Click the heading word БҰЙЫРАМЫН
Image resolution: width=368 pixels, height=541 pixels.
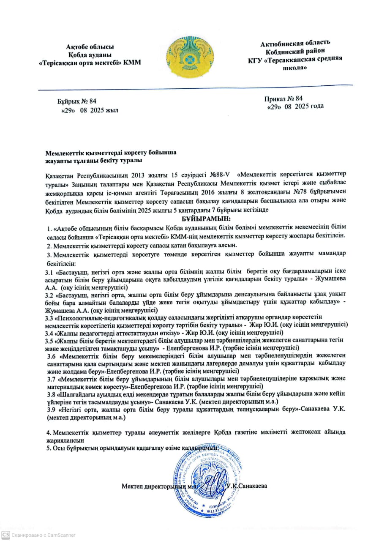click(x=207, y=219)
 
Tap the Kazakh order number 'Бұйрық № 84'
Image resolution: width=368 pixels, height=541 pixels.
click(x=77, y=101)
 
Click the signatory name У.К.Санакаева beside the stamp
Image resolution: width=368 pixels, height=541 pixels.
click(x=247, y=486)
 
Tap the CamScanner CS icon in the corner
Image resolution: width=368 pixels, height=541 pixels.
click(x=5, y=534)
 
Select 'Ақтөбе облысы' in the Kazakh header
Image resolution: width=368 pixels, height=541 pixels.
click(x=90, y=47)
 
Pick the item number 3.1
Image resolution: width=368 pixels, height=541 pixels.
click(x=49, y=272)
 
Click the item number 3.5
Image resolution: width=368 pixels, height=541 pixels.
click(x=49, y=340)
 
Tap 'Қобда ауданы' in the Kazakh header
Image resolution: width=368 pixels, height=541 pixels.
click(x=90, y=55)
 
